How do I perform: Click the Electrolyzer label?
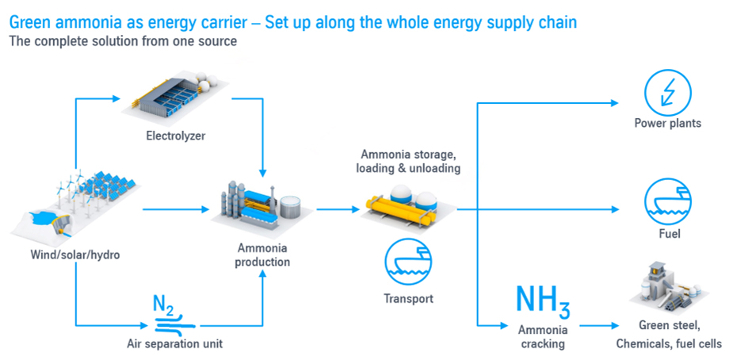(175, 136)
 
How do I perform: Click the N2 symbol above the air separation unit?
(163, 303)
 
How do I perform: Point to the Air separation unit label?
(175, 343)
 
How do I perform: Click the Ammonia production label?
(262, 255)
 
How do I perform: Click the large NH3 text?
(542, 299)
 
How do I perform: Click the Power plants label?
(667, 123)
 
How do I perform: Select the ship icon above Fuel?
(668, 201)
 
